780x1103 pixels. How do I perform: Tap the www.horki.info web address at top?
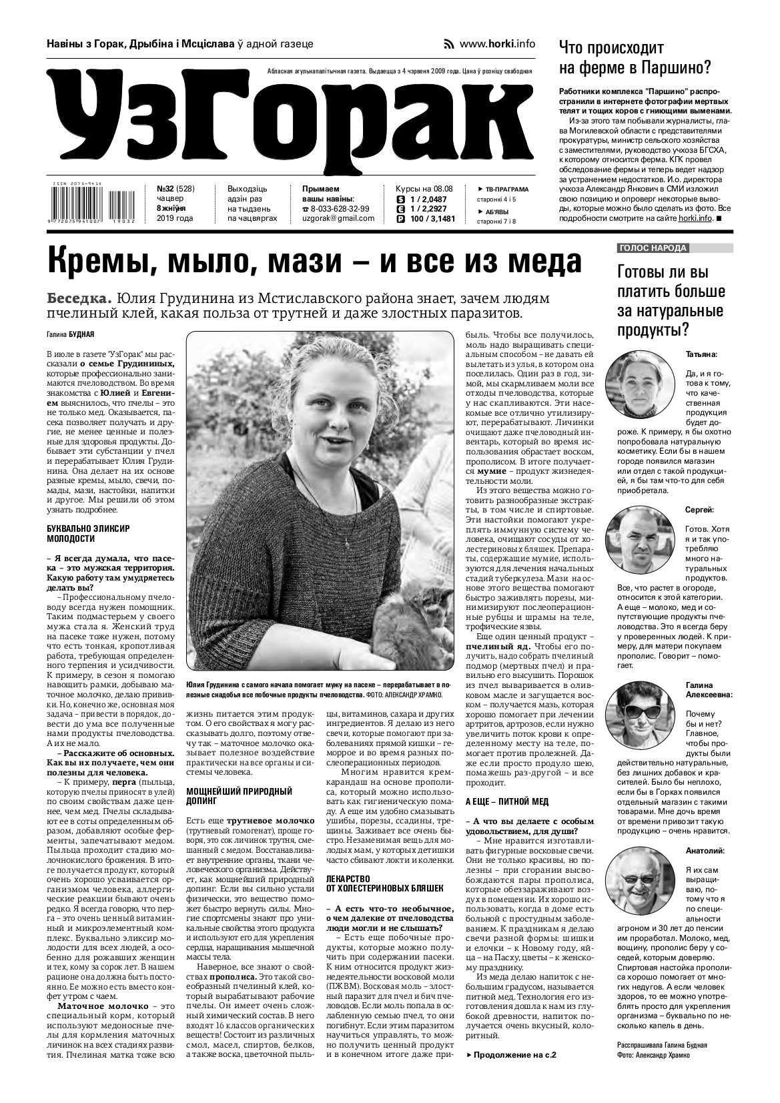497,44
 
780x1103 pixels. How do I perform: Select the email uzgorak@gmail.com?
338,219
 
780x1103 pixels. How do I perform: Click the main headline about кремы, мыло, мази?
314,262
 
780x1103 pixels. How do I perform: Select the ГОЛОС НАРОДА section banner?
653,248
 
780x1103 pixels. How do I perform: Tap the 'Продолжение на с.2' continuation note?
511,1056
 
